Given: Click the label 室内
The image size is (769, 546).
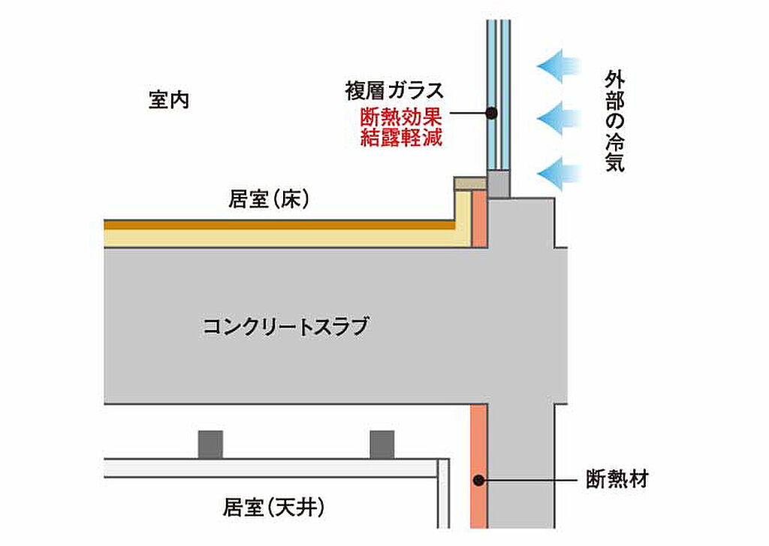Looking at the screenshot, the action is coord(169,100).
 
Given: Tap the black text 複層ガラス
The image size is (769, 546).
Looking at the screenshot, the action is coord(394,91).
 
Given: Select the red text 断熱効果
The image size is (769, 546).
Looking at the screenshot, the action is coord(401,117).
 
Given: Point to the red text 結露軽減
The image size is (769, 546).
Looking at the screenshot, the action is coord(401,137).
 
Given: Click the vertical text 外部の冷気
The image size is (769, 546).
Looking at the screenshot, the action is coord(614,121).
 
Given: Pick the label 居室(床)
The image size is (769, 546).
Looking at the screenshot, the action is coord(269,199).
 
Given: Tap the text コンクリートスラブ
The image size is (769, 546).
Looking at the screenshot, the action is coord(285,326).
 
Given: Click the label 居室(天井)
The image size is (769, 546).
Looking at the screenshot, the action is coord(273,507).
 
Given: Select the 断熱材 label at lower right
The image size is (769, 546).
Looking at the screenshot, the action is coord(617,479).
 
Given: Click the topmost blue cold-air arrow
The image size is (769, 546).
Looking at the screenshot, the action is coord(559,65).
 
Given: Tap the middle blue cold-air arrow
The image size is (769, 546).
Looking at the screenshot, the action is coord(559,119).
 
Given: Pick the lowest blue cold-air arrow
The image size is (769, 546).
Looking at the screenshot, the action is coord(559,174).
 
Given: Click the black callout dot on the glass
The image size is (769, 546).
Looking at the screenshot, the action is coord(491,114).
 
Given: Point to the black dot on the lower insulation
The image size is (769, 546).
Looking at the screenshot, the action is coord(479,481).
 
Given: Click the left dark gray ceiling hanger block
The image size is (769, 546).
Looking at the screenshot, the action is coord(210,445).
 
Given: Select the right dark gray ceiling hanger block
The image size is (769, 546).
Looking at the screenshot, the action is coord(382,445).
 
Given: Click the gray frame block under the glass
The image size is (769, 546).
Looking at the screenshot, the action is coord(499,184).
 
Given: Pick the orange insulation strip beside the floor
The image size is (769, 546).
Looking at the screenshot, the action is coord(480,219).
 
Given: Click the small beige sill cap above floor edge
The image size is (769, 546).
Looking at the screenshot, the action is coord(470,184).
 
